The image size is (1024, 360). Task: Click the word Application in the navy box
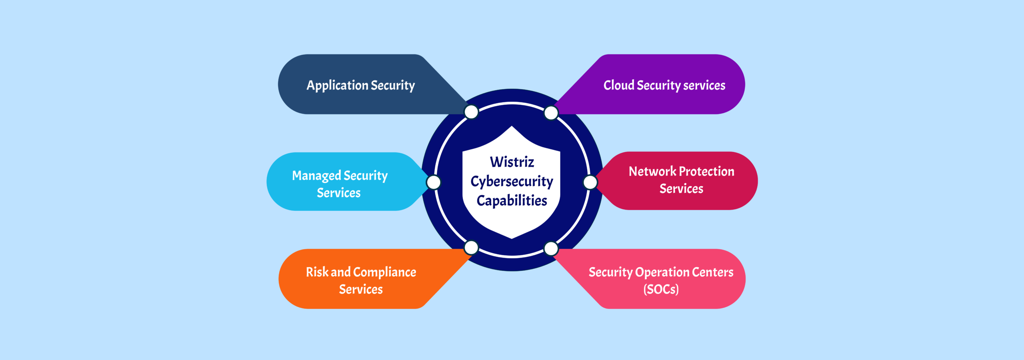coord(337,86)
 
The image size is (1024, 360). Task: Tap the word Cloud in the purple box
coord(619,85)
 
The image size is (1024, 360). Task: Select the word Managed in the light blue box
coord(316,176)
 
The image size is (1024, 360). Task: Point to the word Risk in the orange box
coord(317,272)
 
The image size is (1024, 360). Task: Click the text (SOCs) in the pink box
coord(661,289)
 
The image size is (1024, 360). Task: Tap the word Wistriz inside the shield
coord(512,162)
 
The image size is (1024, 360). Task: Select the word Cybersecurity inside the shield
coord(512,182)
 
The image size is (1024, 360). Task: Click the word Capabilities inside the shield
coord(512,201)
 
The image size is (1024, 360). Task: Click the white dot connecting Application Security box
coord(472,112)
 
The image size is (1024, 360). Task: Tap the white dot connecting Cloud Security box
coord(551,113)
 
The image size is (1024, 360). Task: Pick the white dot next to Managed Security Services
coord(434,182)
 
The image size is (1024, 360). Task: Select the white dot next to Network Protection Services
coord(590,182)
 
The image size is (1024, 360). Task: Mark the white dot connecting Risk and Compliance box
coord(472,248)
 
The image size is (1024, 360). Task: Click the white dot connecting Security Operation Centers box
coord(551,248)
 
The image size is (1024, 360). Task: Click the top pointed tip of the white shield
coord(512,127)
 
